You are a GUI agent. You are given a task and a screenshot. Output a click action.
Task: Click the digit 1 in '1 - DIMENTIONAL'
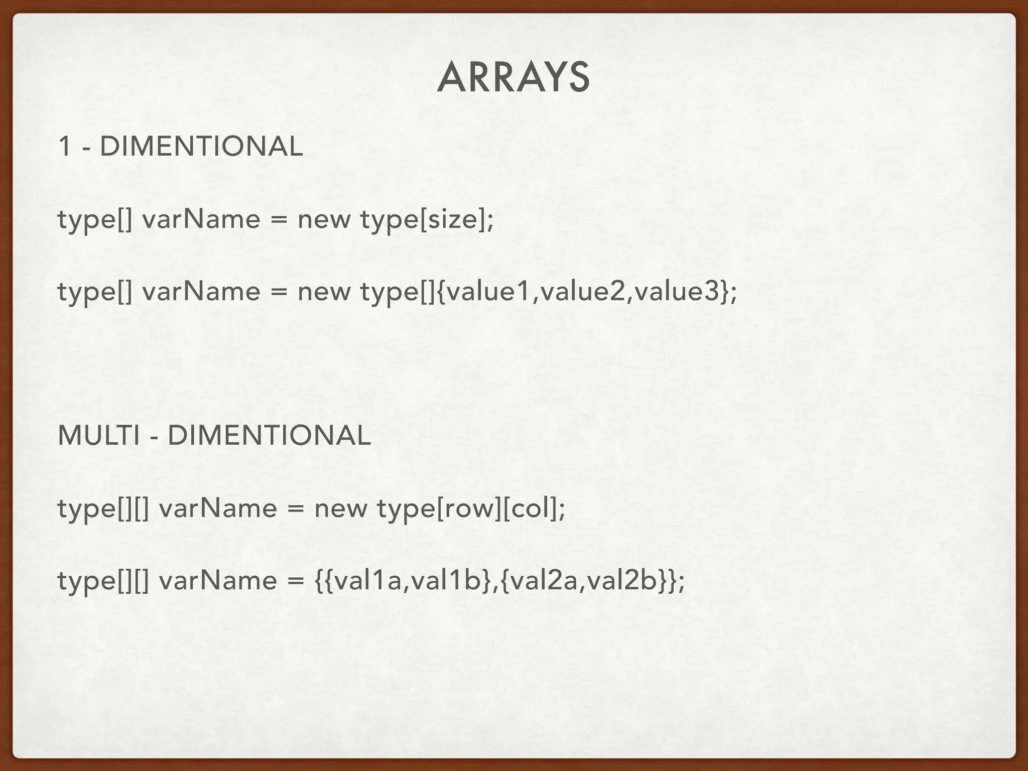[x=64, y=147]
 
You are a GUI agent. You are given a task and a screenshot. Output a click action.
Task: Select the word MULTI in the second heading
[x=98, y=435]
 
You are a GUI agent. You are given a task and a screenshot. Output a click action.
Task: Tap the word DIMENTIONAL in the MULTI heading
[x=269, y=435]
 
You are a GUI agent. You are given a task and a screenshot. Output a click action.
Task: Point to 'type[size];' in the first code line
[x=427, y=219]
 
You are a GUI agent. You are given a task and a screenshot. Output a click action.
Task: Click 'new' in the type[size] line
[x=324, y=219]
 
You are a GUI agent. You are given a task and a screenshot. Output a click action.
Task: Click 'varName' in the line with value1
[x=201, y=292]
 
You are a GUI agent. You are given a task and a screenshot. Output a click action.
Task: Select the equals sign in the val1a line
[x=296, y=581]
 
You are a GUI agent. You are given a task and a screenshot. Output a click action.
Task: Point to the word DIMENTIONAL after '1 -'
[x=201, y=147]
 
